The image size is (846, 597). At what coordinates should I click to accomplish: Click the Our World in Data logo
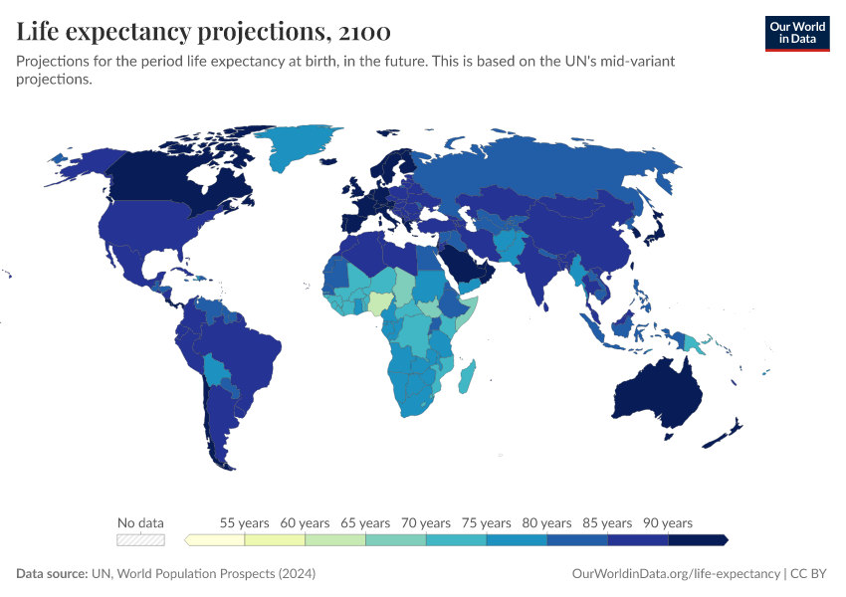(x=797, y=33)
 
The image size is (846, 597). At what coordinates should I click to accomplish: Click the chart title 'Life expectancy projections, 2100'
(x=203, y=32)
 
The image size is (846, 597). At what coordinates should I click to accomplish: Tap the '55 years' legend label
(x=244, y=522)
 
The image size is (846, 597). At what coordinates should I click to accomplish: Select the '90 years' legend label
(x=668, y=522)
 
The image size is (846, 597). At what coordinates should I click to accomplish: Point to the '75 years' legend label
(x=486, y=522)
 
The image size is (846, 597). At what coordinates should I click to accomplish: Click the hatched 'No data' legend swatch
(x=140, y=539)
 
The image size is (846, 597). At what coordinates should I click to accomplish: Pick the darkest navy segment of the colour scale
(x=697, y=539)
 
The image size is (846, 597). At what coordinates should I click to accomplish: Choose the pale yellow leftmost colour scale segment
(x=216, y=539)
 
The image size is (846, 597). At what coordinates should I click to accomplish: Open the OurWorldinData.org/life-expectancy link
(x=677, y=574)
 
